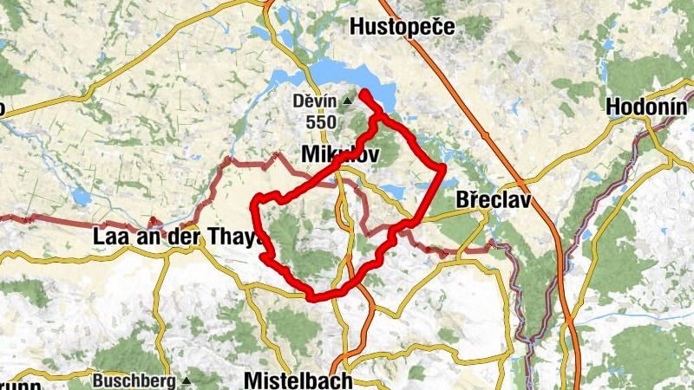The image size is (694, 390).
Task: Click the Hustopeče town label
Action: pos(402,27)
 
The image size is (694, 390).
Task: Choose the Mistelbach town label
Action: pos(298,380)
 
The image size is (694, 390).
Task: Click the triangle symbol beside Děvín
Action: pos(348,101)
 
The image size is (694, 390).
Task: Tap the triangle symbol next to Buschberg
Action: pos(186,380)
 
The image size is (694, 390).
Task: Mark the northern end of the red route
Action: pos(363,93)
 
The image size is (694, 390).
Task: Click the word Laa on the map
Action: pos(108,236)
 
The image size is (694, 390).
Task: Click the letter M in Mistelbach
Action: pos(252,380)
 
